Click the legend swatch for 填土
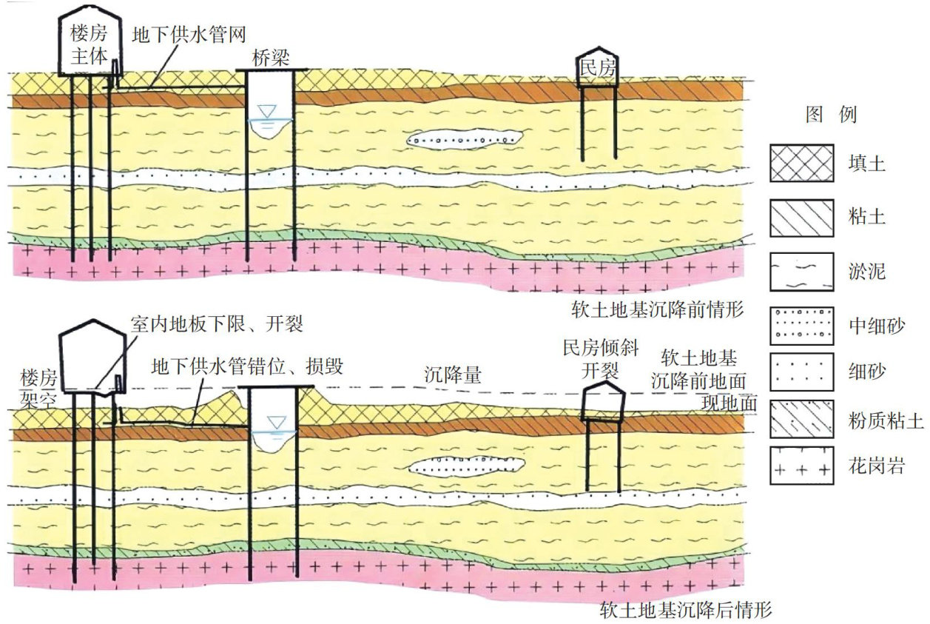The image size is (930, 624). (x=801, y=162)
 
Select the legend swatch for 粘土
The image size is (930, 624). (x=801, y=218)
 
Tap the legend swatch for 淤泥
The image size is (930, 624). (x=801, y=272)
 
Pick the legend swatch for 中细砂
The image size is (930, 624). (x=801, y=326)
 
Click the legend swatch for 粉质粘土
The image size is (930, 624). (x=801, y=420)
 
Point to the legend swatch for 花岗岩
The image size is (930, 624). (x=801, y=466)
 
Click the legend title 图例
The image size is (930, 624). (x=830, y=115)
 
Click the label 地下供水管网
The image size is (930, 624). (x=188, y=34)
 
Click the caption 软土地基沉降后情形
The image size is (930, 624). (x=686, y=611)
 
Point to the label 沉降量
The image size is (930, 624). (x=453, y=375)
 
